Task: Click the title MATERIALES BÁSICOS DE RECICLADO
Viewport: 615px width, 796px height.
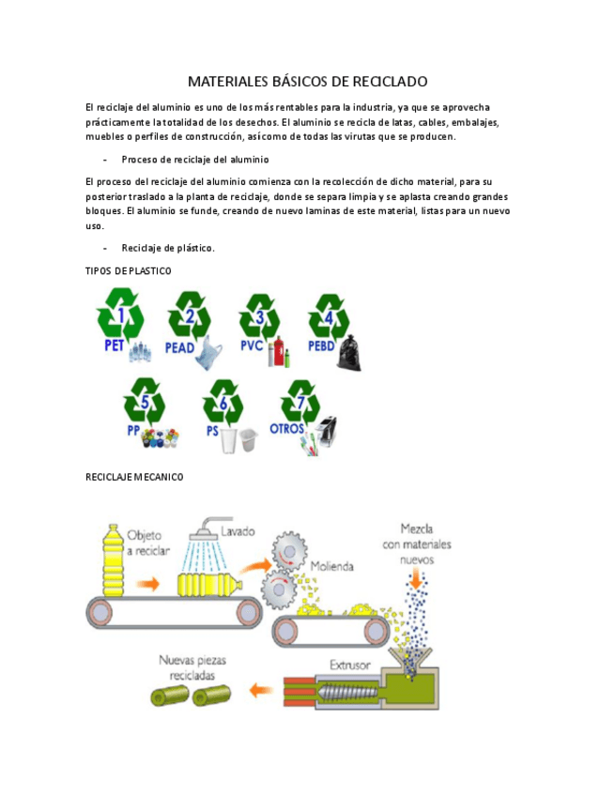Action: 307,82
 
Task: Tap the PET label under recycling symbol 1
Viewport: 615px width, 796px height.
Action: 114,345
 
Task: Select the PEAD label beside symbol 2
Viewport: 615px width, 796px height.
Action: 179,347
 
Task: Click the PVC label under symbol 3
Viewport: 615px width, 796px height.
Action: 251,344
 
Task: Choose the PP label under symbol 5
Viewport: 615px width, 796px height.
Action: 133,430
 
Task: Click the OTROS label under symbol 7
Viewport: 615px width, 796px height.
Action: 286,429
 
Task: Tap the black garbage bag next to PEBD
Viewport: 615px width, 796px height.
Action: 350,352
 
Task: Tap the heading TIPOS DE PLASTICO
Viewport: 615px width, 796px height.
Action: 129,270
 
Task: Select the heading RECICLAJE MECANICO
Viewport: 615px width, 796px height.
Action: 134,477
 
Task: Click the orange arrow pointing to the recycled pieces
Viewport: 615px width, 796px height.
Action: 262,690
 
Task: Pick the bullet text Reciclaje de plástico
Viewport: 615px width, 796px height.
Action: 168,248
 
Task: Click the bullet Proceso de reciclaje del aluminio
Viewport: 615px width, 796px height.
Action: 194,159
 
